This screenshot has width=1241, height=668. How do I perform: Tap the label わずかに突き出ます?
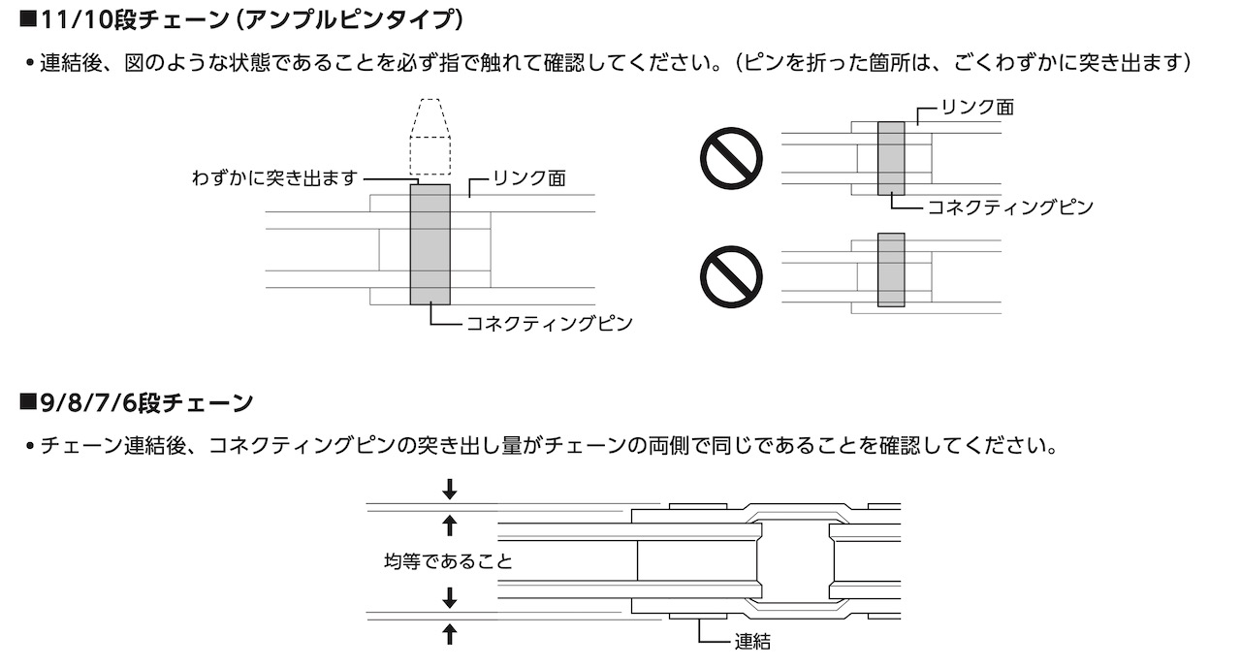[275, 178]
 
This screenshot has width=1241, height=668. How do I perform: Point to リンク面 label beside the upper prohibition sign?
[977, 107]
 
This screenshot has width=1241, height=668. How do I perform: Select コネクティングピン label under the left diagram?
[550, 323]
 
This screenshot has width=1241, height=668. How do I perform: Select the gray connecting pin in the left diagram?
[430, 243]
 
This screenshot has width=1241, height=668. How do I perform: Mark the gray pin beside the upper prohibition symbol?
[891, 158]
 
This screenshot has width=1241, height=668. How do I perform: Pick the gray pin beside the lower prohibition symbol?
[891, 270]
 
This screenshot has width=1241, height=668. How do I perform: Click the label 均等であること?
[447, 561]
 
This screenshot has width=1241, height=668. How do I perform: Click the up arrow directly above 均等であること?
[449, 526]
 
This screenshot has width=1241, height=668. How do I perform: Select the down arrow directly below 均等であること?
[449, 598]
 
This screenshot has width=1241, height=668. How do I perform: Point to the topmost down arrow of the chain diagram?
[449, 489]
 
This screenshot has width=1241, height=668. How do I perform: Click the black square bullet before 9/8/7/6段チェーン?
[26, 401]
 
